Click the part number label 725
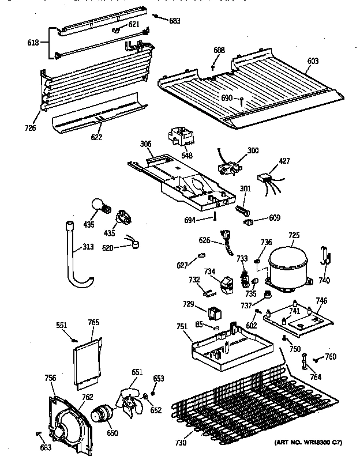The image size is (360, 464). point(294,235)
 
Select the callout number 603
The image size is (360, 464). point(312,61)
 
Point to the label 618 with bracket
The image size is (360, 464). point(33,43)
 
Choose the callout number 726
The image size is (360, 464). point(30,127)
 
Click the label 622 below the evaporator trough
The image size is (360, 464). point(97,137)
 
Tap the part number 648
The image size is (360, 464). point(186,155)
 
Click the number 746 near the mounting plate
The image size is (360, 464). point(321,300)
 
